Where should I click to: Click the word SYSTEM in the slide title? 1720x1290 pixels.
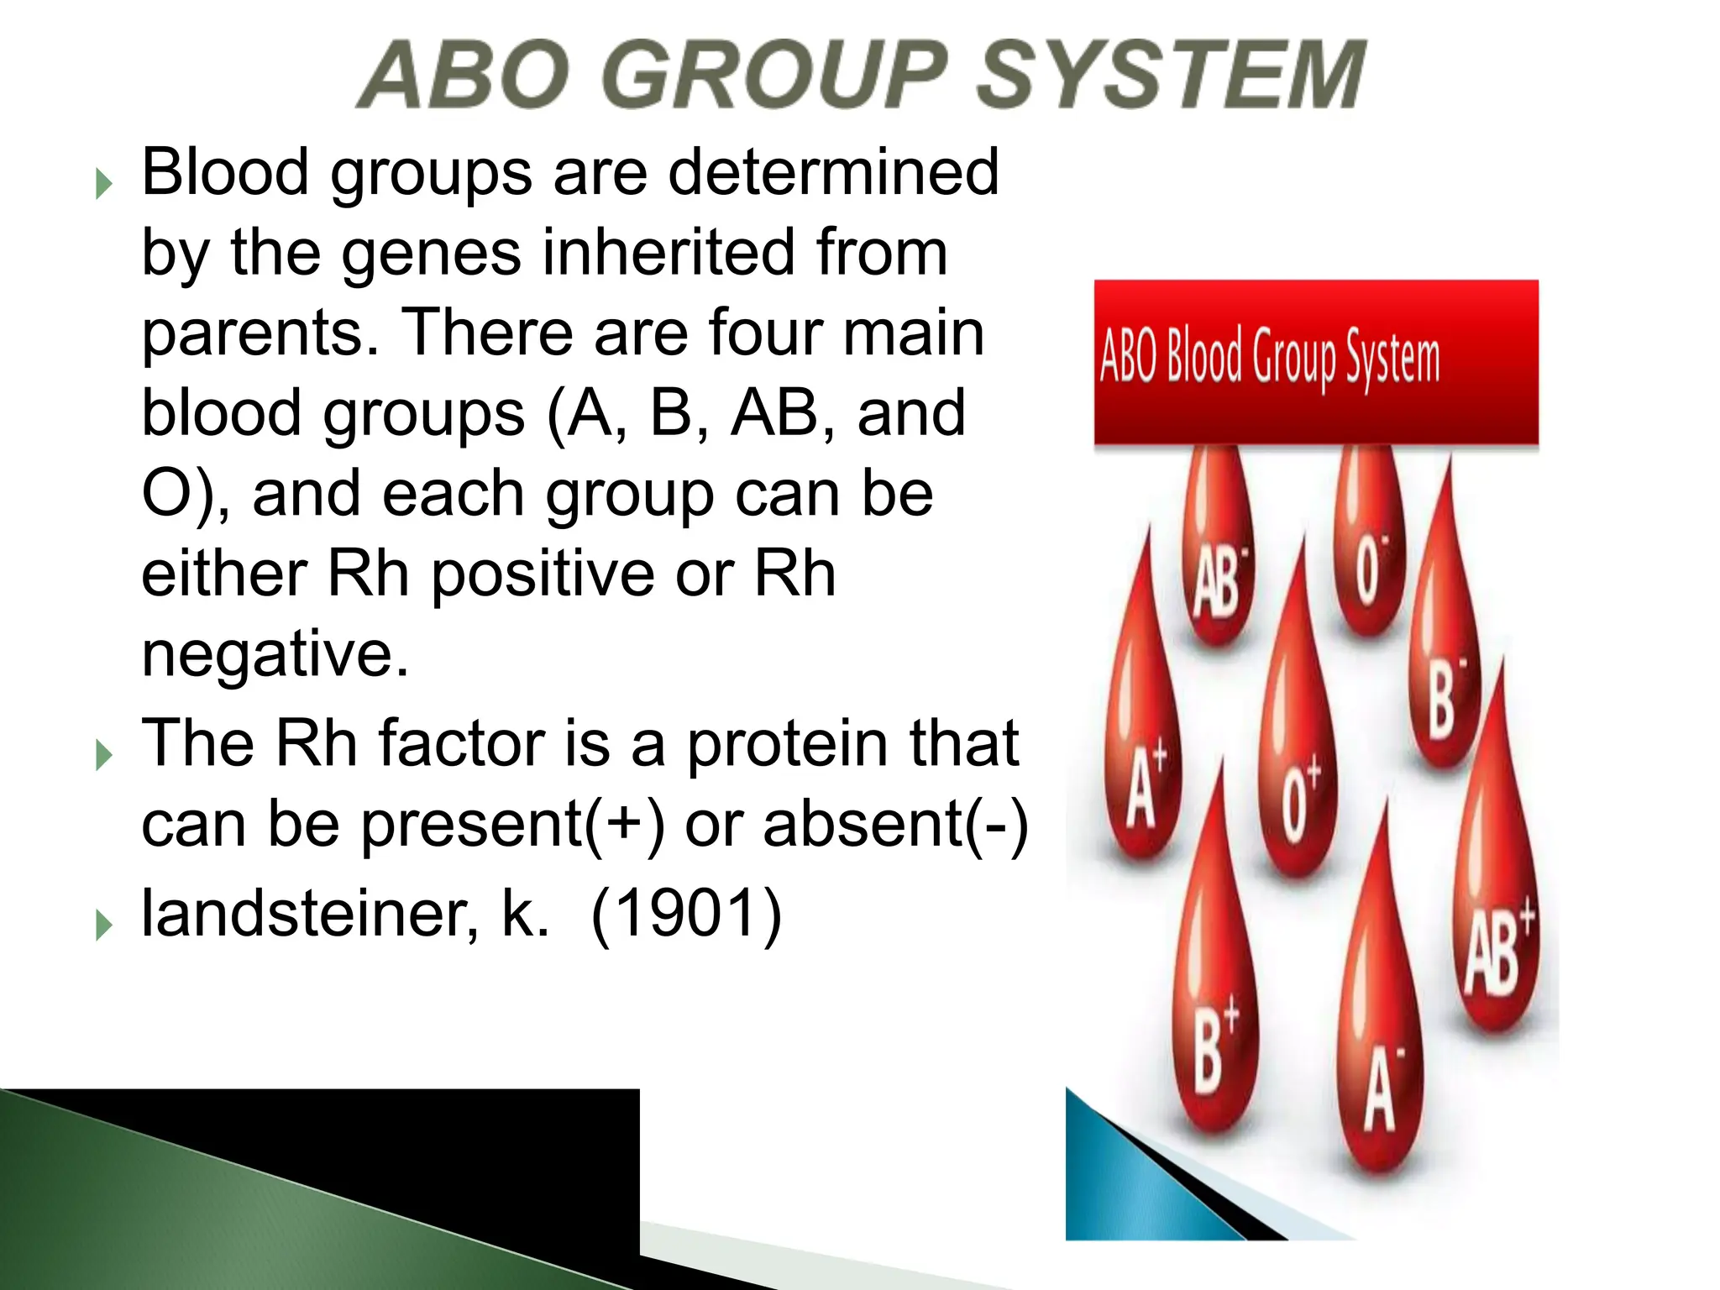1172,76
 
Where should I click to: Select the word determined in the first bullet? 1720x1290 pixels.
833,172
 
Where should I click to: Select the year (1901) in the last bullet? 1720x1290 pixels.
686,914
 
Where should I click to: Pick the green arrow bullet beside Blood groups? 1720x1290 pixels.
104,183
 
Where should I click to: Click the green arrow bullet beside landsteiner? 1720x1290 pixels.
104,925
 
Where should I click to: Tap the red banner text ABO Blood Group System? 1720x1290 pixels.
1269,359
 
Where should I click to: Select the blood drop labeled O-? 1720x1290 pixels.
1368,563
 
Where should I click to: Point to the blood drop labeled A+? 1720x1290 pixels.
1142,773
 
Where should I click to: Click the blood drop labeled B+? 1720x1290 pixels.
1211,1033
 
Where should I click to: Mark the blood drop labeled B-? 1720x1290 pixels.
1443,689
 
